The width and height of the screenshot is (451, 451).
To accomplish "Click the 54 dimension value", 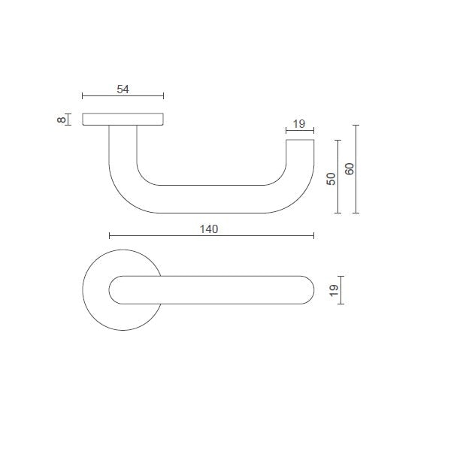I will point(123,89).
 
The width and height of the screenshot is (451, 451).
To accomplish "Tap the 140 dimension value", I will point(209,229).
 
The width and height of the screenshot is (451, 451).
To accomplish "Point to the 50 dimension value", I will point(331,179).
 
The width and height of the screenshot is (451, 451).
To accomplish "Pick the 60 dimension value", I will point(349,169).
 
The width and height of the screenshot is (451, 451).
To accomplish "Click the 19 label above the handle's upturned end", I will point(298,124).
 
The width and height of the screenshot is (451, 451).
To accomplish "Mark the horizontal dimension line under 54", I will point(123,96).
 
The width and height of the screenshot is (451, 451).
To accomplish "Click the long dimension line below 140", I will point(210,236).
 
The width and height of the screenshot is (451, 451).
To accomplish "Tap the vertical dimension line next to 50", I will point(339,177).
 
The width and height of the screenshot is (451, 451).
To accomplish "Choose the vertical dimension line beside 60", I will point(356,169).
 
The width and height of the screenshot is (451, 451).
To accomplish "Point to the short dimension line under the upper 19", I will point(299,132).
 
